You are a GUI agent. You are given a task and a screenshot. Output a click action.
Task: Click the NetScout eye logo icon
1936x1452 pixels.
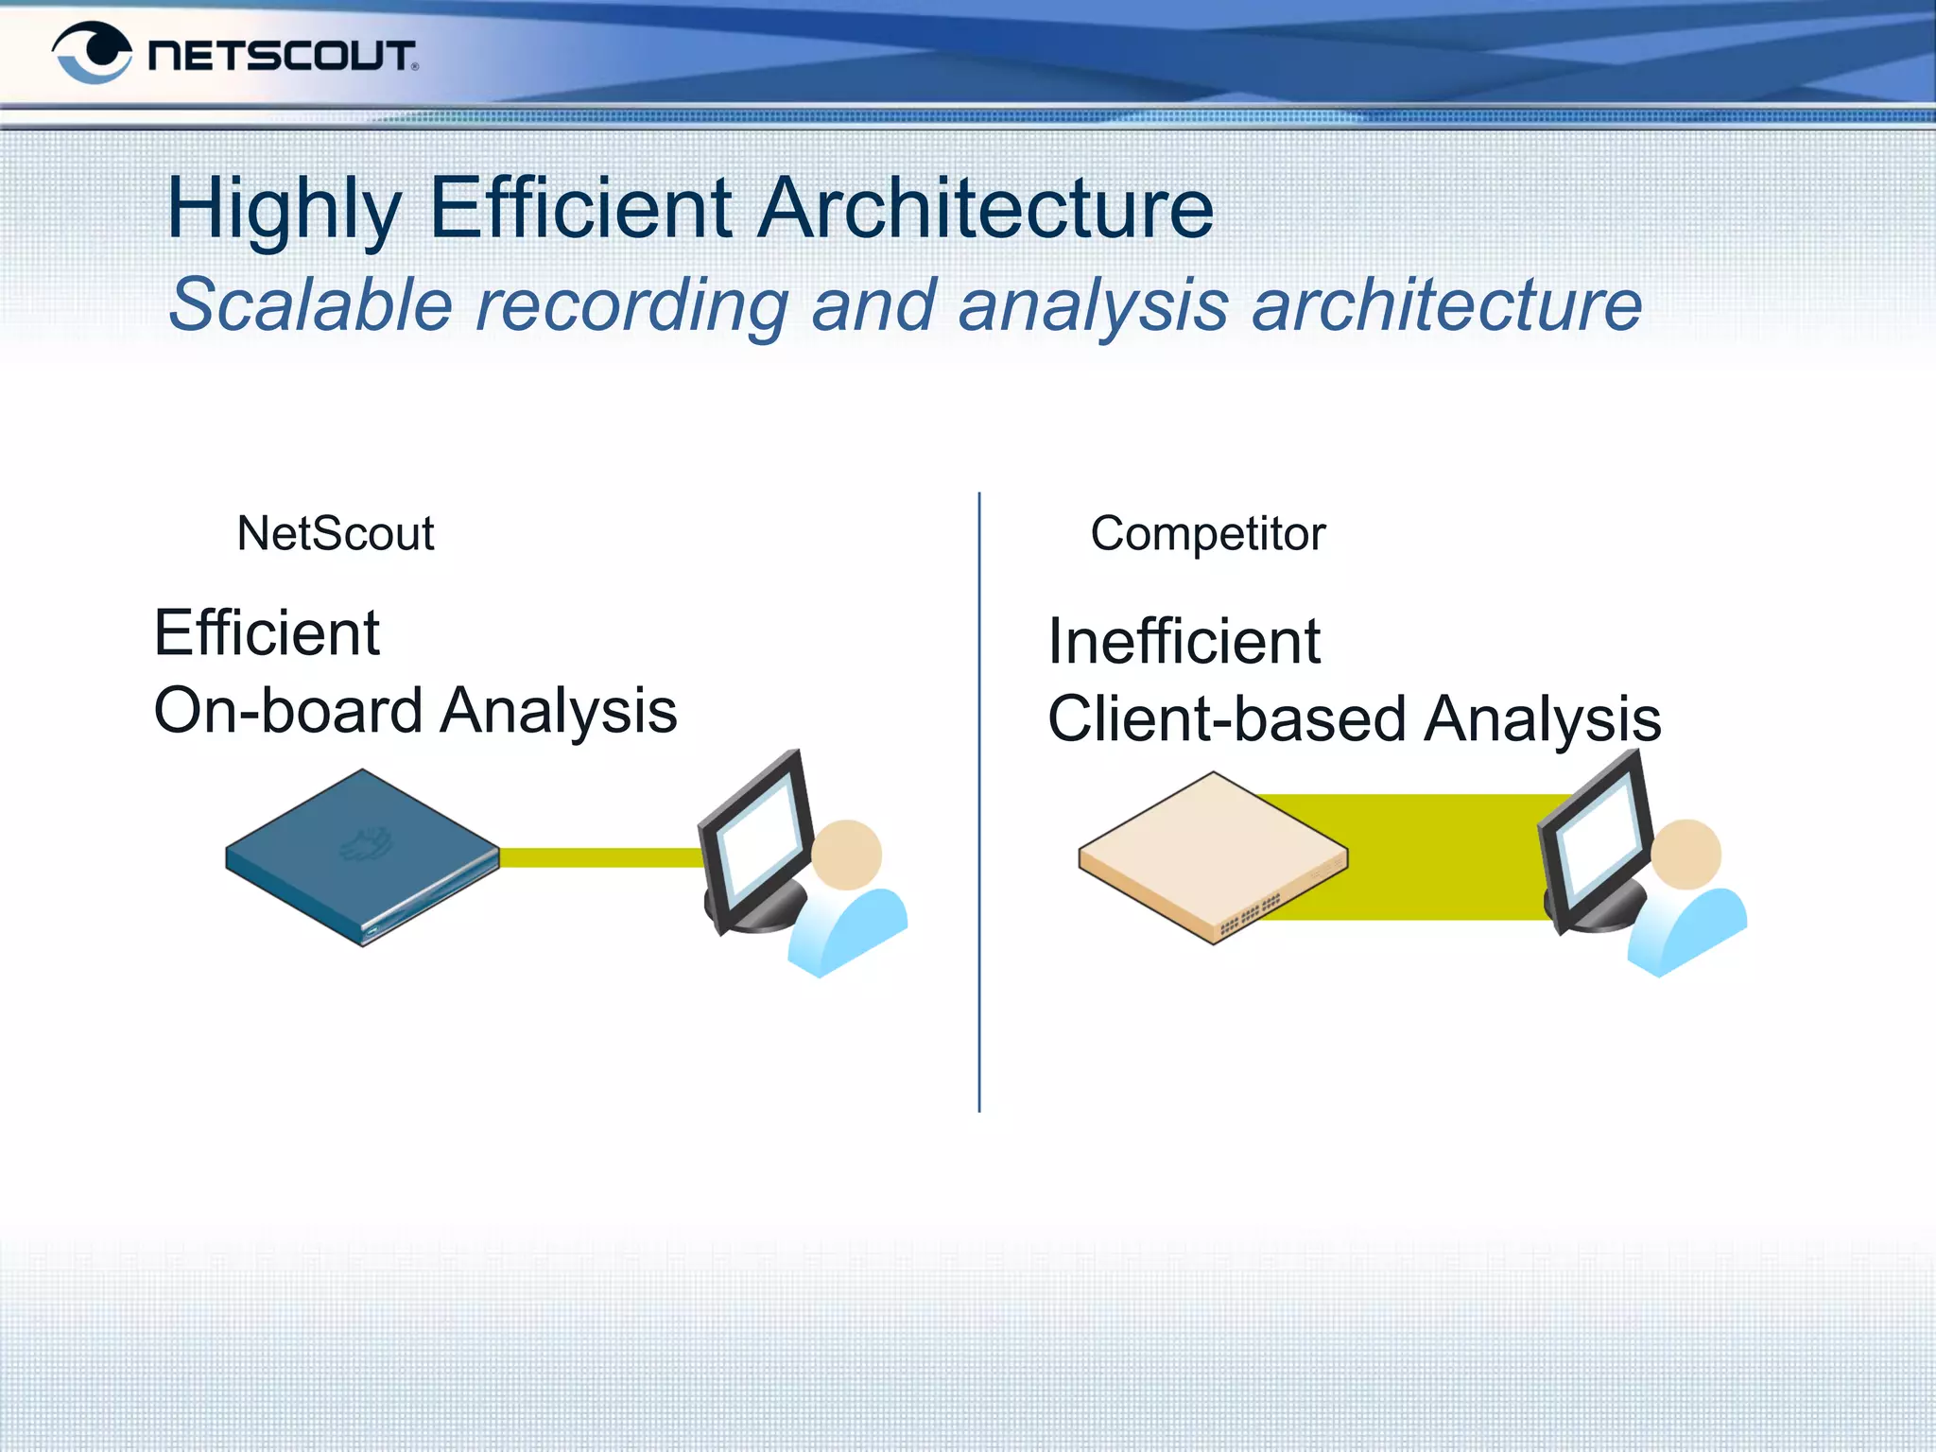coord(92,53)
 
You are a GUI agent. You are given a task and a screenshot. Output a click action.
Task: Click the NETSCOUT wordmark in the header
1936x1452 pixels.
coord(281,56)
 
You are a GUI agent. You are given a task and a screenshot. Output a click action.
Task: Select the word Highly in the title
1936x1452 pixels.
coord(285,210)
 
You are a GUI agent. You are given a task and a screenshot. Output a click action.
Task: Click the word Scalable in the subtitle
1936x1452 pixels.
coord(311,305)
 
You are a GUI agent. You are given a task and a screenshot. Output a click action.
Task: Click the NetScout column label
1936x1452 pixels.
coord(335,534)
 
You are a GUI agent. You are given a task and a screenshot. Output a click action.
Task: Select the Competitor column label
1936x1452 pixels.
coord(1207,534)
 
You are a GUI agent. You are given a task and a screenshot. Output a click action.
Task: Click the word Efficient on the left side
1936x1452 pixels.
coord(267,632)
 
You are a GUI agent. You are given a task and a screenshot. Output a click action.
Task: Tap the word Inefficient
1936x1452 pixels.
coord(1183,642)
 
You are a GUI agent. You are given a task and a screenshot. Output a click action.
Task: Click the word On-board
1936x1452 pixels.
coord(287,711)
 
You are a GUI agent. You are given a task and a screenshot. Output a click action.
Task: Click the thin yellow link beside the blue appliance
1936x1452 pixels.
coord(600,857)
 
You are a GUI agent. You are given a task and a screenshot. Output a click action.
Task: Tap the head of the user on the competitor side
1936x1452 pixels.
coord(1685,855)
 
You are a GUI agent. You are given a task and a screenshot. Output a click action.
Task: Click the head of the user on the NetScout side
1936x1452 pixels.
coord(846,855)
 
